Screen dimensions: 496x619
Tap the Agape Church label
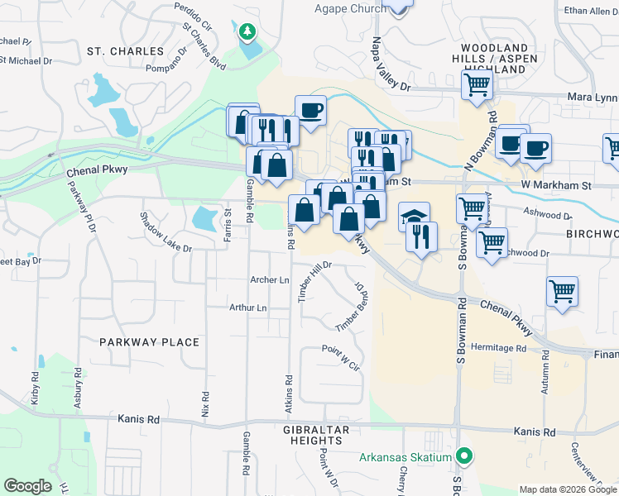tap(350, 9)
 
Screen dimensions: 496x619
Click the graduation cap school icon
tap(414, 217)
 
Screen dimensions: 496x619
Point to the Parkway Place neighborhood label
tap(150, 342)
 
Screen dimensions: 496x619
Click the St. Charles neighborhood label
tap(125, 51)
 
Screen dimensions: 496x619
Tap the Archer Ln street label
tap(270, 280)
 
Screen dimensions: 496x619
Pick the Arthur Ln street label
tap(249, 308)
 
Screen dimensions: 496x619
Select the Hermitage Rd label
tap(499, 349)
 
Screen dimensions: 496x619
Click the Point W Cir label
tap(343, 357)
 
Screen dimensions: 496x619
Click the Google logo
tap(28, 486)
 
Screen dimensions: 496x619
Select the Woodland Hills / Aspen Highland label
tap(495, 60)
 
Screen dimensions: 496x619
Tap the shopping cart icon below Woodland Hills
tap(477, 84)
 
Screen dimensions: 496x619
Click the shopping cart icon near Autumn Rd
tap(563, 291)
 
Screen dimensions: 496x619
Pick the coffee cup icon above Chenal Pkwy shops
tap(310, 110)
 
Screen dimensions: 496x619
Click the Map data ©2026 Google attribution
tap(568, 489)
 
